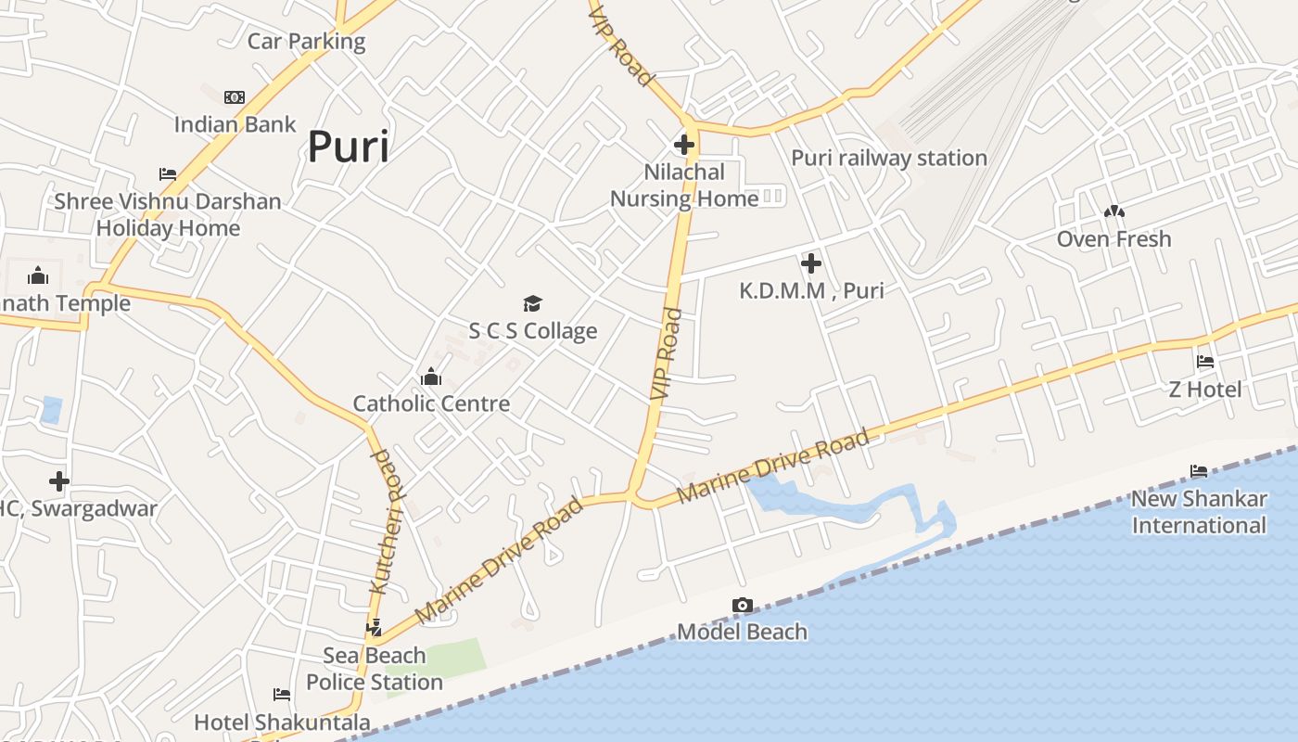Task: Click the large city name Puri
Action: [x=348, y=147]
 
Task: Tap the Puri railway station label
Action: [x=888, y=158]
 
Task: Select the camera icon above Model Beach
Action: [x=742, y=606]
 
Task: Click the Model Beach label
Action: [x=742, y=633]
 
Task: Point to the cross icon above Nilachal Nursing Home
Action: [x=684, y=145]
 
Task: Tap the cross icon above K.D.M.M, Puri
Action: [x=811, y=263]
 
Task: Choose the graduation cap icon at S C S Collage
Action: [x=532, y=303]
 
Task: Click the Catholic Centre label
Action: [x=431, y=403]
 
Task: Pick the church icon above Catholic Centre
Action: [x=430, y=377]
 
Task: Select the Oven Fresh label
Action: [x=1113, y=239]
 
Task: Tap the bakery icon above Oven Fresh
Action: [x=1113, y=212]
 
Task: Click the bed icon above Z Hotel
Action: [x=1204, y=362]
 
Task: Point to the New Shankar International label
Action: [x=1198, y=512]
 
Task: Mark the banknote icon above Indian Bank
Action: [x=235, y=97]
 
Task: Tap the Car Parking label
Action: [x=306, y=42]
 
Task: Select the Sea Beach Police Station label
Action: [x=375, y=669]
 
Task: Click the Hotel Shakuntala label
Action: [x=282, y=722]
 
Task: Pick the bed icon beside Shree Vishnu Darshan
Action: [x=168, y=174]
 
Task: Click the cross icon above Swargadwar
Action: [x=59, y=481]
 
